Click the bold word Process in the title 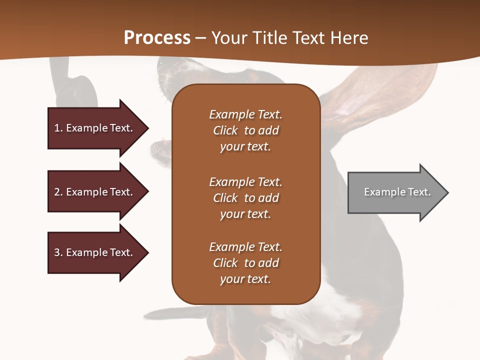pos(157,38)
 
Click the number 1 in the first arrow pos(57,128)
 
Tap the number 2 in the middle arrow pos(57,192)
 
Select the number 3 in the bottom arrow pos(57,252)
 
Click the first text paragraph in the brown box pos(245,130)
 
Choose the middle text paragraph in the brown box pos(245,198)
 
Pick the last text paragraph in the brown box pos(245,263)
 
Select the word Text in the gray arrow pos(419,192)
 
